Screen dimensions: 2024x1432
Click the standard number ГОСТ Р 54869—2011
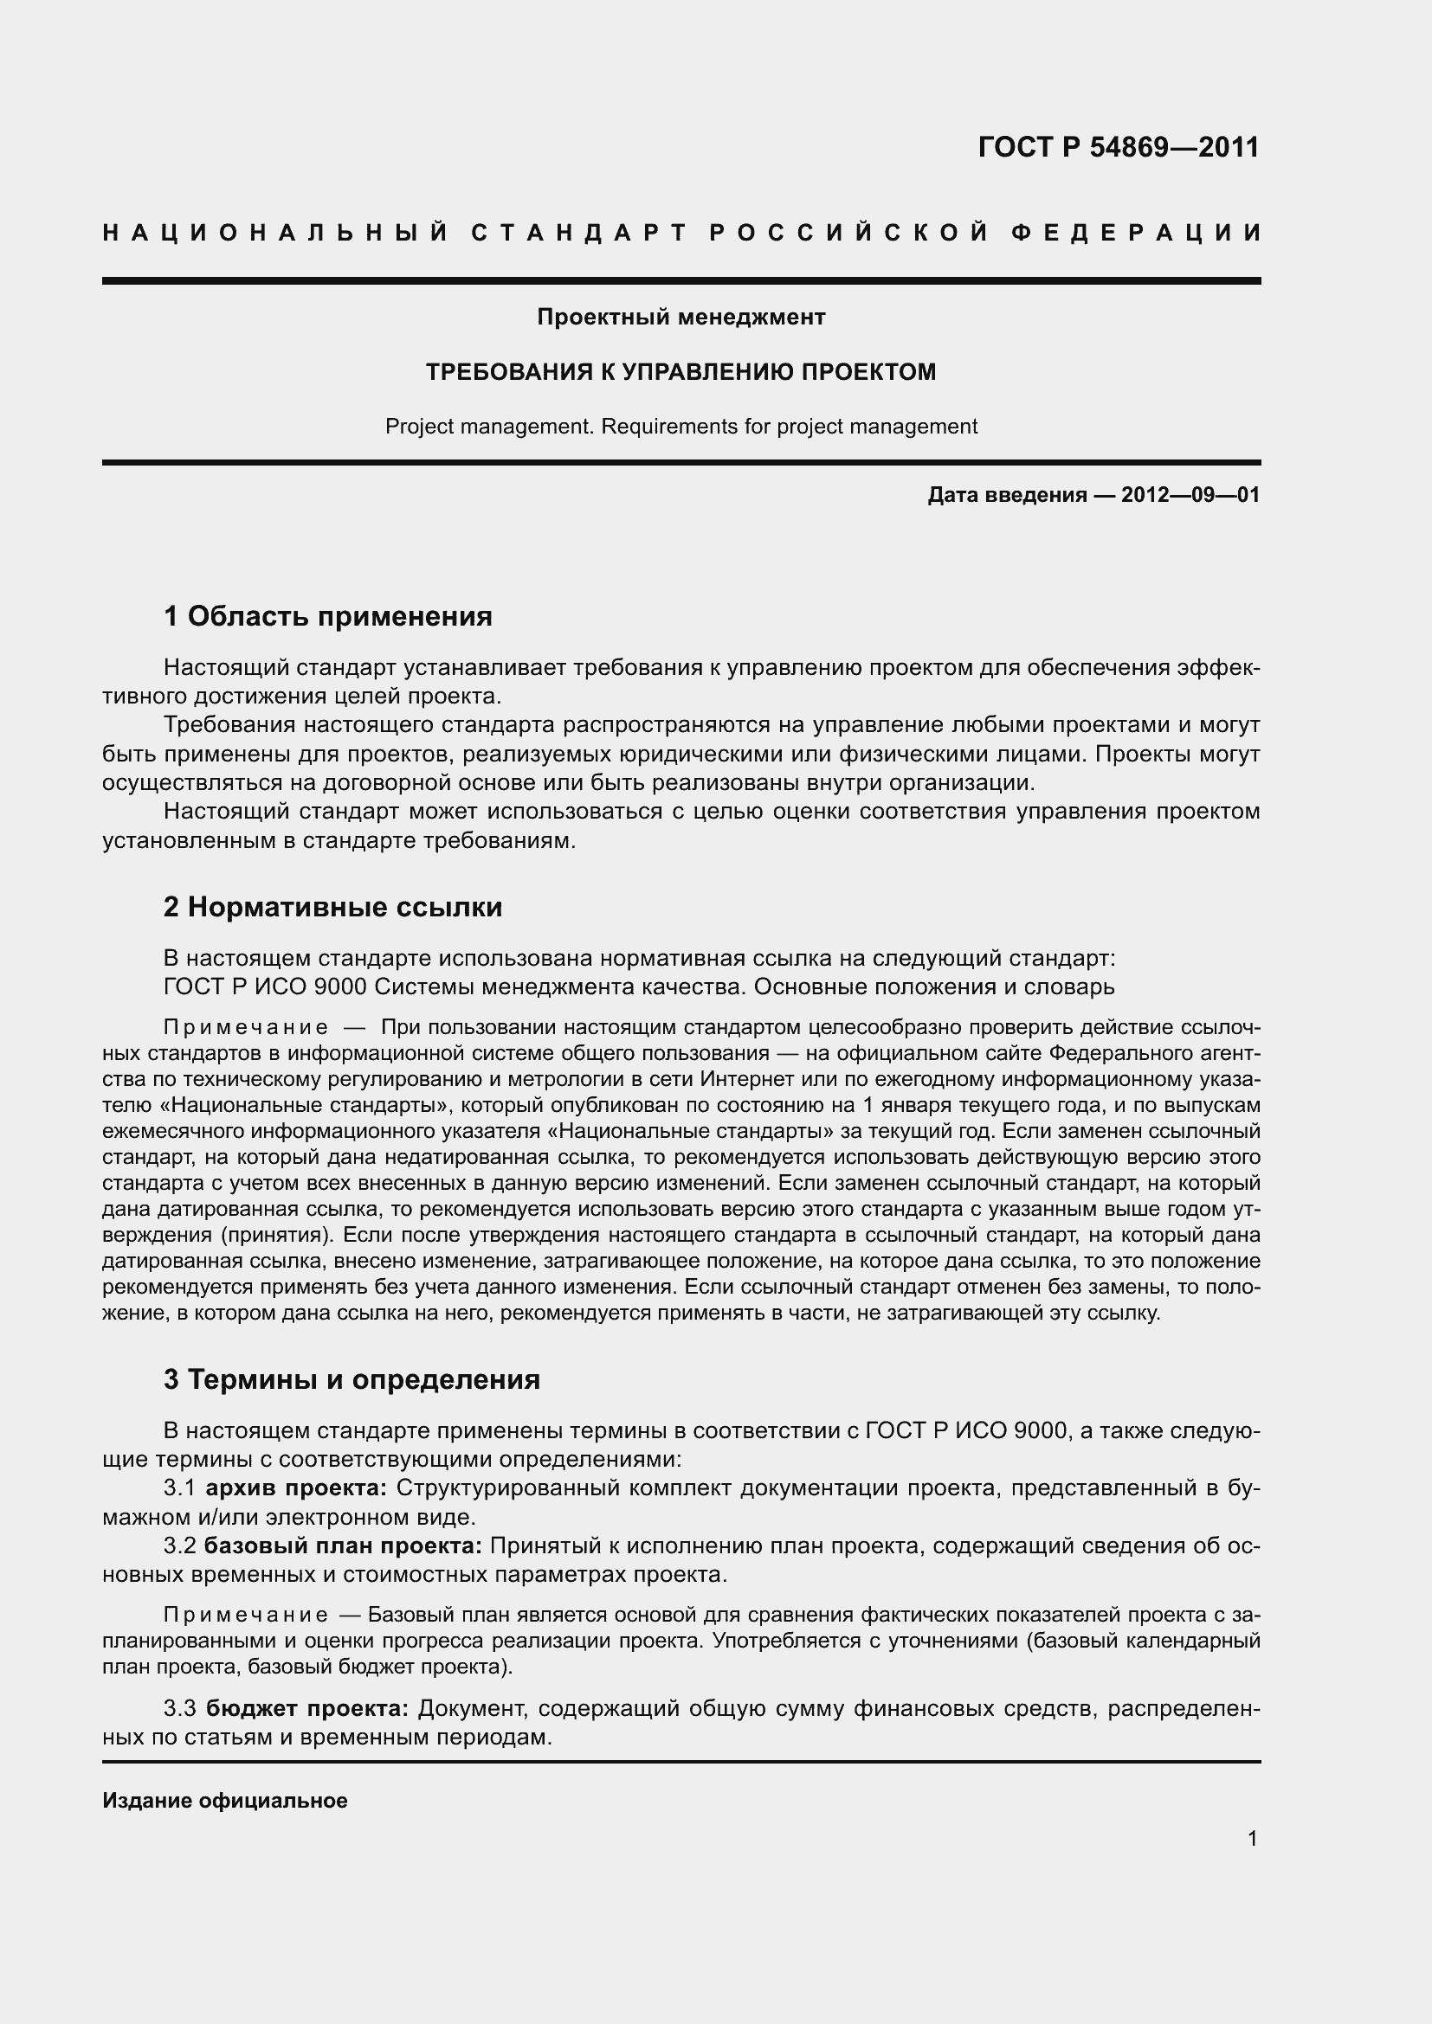[x=1118, y=147]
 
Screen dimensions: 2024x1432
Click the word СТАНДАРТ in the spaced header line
[x=578, y=233]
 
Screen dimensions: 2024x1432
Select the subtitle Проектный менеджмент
[x=681, y=317]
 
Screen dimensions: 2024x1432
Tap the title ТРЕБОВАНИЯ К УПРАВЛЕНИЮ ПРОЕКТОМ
[x=681, y=372]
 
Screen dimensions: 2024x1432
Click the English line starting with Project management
[x=681, y=427]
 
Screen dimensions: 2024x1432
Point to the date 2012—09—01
[x=1190, y=496]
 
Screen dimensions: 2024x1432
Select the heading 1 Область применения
[x=327, y=616]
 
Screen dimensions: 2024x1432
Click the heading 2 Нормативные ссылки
[x=332, y=907]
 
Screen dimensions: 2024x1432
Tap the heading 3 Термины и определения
[x=352, y=1378]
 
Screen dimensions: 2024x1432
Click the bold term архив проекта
[x=296, y=1488]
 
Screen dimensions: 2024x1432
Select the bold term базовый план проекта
[x=343, y=1546]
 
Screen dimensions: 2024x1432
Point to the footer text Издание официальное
[x=225, y=1801]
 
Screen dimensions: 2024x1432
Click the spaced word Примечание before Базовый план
[x=246, y=1615]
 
